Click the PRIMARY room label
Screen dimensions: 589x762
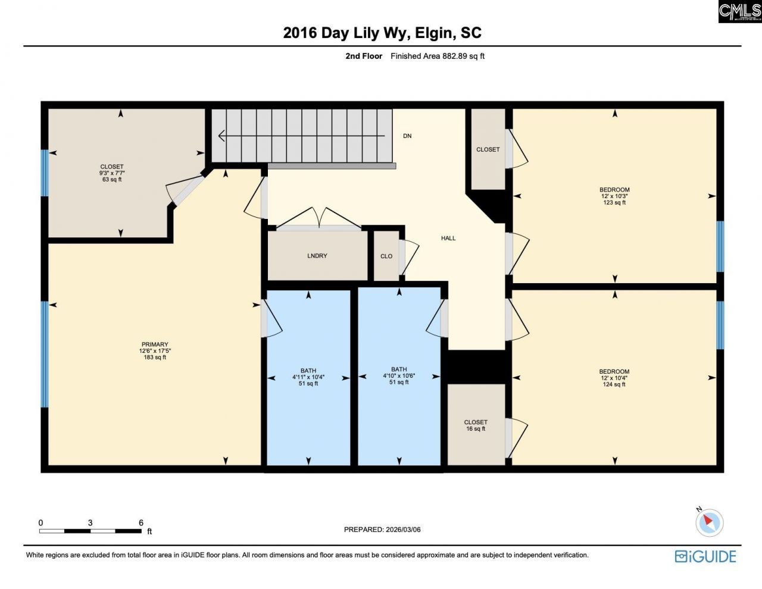[155, 344]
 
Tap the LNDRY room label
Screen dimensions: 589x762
[317, 256]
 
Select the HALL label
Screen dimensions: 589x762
[448, 238]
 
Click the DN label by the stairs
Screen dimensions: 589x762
[407, 136]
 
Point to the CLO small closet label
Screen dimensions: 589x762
[386, 256]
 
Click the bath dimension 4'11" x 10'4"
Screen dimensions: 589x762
[308, 377]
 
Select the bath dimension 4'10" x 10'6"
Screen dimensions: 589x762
[399, 376]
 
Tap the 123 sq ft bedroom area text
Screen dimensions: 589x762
[614, 203]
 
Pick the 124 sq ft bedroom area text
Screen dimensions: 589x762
[614, 384]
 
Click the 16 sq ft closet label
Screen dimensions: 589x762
[476, 429]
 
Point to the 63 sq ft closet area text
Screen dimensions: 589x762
[112, 180]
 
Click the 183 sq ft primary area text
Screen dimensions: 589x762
[155, 358]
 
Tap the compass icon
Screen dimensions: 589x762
[709, 523]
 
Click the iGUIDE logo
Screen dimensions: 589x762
[705, 556]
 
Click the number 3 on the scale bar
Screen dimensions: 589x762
[90, 523]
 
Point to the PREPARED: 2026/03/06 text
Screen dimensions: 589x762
[382, 530]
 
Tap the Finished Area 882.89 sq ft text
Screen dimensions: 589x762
[438, 57]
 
